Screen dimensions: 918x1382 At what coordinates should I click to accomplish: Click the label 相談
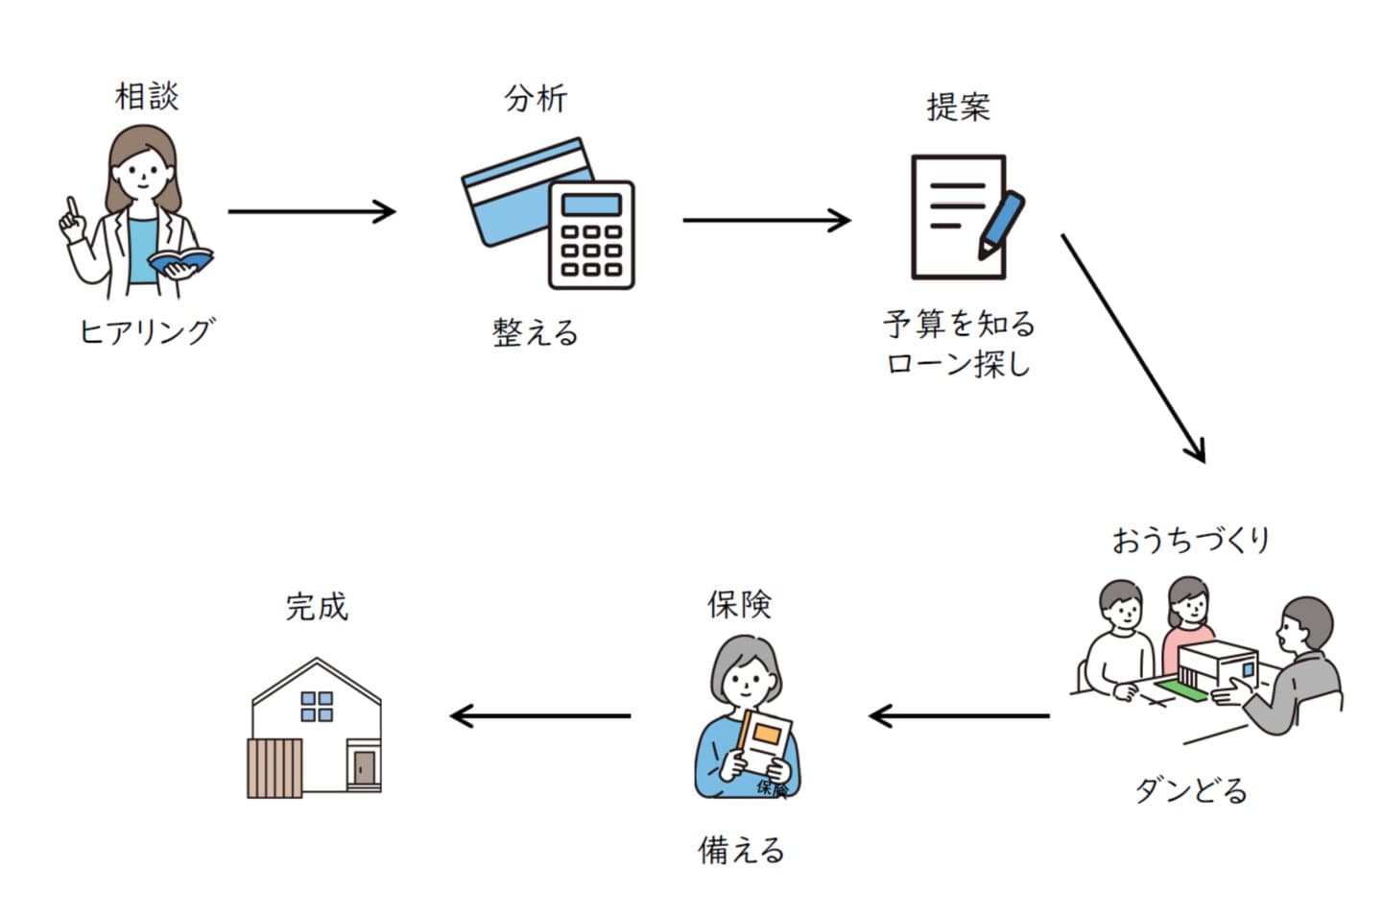coord(147,96)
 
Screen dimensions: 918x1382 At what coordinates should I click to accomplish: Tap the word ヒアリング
coord(147,331)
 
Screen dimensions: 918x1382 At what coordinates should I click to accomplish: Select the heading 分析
coord(536,98)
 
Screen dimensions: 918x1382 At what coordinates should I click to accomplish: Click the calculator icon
coord(591,235)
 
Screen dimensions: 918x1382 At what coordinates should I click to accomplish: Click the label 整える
coord(536,333)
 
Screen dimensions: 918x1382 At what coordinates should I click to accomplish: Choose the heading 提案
coord(958,107)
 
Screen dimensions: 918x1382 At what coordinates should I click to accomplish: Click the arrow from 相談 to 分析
coord(312,211)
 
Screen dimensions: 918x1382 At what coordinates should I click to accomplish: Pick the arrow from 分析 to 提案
coord(766,220)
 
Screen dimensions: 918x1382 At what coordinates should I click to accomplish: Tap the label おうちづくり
coord(1191,540)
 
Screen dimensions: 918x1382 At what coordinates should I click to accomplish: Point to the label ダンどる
coord(1191,791)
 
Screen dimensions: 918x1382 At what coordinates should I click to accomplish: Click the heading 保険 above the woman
coord(739,604)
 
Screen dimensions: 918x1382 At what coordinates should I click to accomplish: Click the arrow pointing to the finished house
coord(540,715)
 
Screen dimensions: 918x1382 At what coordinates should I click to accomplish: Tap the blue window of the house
coord(317,706)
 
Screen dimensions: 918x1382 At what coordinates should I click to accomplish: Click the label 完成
coord(317,607)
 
